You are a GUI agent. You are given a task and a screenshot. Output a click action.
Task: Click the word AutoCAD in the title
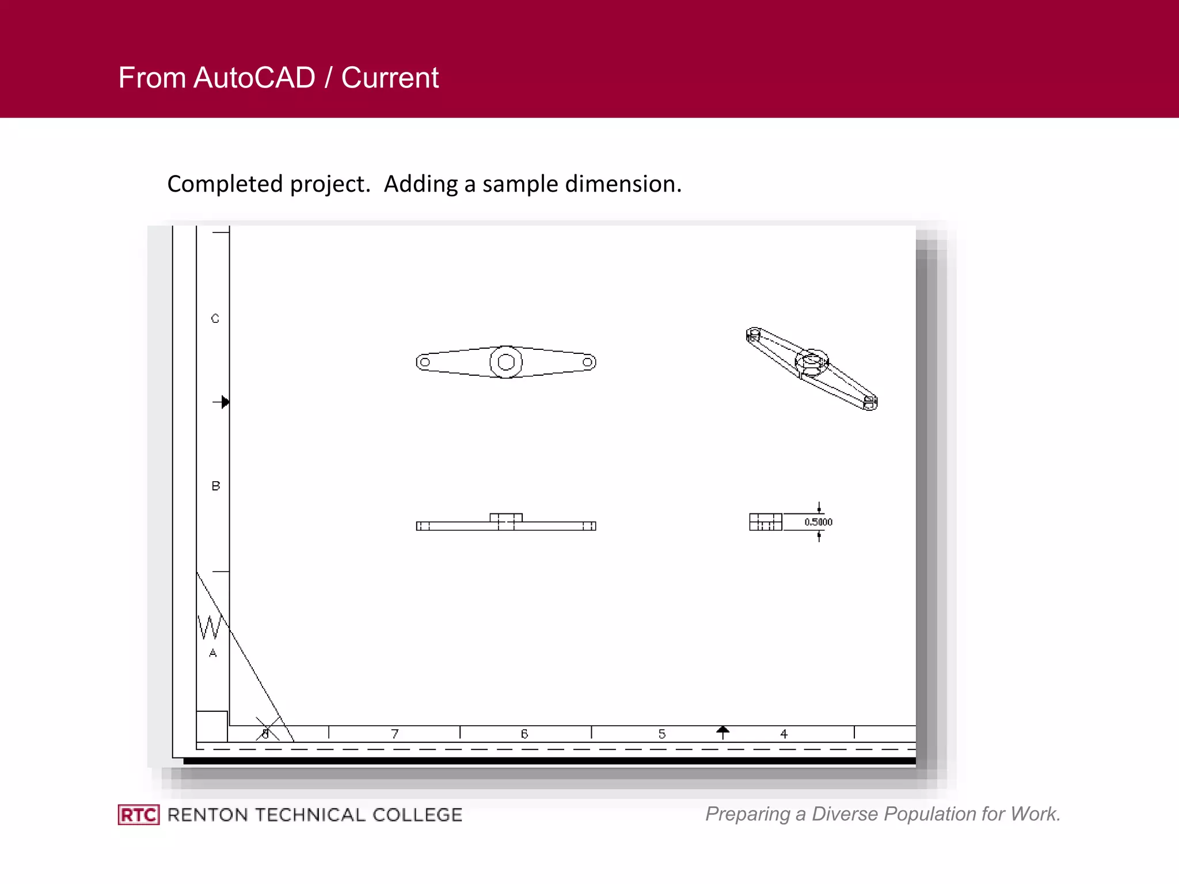coord(254,78)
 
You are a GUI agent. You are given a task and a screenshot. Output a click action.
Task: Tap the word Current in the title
coord(390,78)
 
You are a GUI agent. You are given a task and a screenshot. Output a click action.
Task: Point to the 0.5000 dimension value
coord(818,522)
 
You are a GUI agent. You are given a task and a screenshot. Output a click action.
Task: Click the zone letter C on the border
coord(215,319)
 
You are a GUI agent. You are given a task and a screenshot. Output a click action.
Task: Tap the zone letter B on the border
coord(216,486)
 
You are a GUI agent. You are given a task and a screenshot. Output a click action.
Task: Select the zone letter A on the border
coord(213,653)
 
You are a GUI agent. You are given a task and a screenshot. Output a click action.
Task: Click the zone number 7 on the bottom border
coord(395,734)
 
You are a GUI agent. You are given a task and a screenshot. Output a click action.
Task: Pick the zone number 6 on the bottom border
coord(524,734)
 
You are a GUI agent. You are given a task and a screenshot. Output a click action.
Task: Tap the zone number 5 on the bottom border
coord(662,734)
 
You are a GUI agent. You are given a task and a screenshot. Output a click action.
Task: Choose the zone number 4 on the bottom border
coord(784,734)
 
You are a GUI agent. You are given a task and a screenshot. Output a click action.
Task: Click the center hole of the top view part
coord(506,362)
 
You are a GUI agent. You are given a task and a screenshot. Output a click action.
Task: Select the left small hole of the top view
coord(425,362)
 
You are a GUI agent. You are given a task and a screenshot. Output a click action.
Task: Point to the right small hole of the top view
coord(587,362)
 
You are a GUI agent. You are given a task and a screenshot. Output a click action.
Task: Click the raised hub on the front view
coord(506,517)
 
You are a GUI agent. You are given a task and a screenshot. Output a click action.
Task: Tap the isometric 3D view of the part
coord(812,368)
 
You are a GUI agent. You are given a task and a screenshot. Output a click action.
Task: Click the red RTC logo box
coord(139,815)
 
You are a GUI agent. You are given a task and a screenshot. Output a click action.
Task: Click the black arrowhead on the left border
coord(225,402)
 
